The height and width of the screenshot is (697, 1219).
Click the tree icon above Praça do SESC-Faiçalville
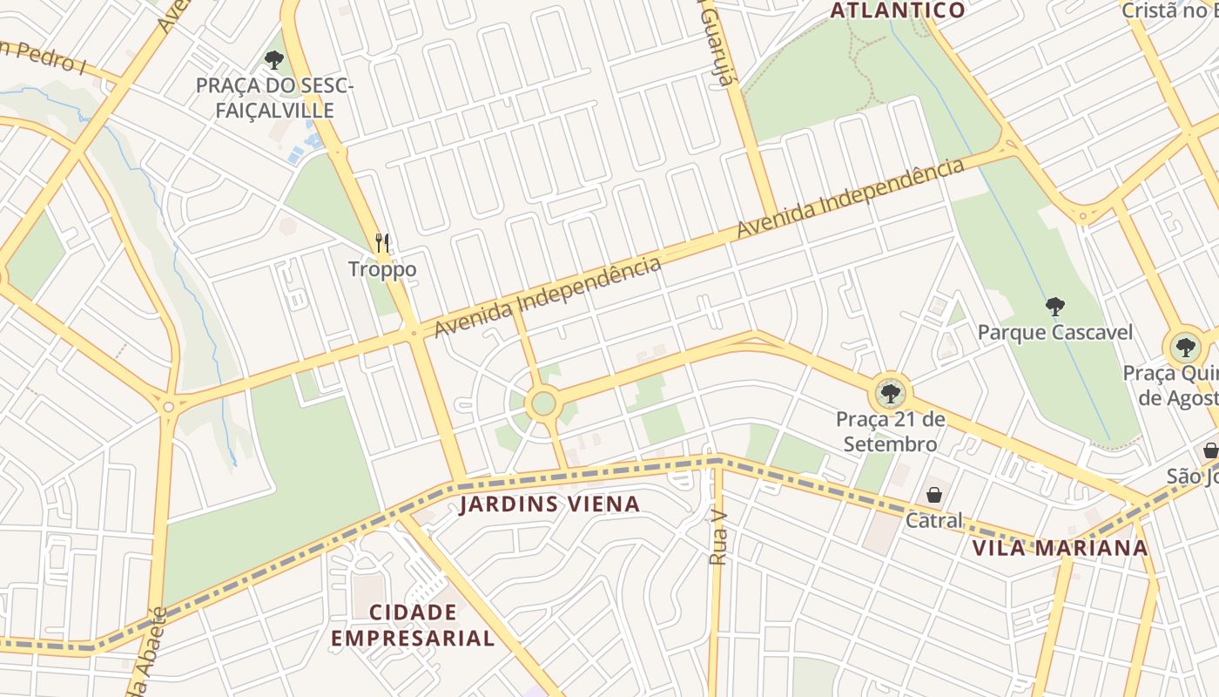click(x=274, y=60)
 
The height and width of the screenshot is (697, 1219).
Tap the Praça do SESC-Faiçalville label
click(x=274, y=98)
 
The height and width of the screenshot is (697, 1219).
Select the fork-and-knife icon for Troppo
click(x=382, y=243)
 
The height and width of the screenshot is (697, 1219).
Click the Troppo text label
click(x=382, y=269)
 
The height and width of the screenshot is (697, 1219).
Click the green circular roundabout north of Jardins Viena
click(x=542, y=403)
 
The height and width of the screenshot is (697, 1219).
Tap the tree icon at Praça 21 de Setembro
click(x=890, y=394)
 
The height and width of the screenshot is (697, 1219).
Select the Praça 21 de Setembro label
click(x=890, y=431)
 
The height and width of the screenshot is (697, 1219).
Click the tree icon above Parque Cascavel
click(x=1055, y=307)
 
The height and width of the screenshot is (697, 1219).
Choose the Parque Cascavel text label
click(x=1055, y=332)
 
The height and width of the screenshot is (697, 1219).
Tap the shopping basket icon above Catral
click(x=934, y=495)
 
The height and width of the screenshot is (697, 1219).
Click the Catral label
click(x=934, y=520)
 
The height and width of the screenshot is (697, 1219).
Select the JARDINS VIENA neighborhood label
click(x=549, y=504)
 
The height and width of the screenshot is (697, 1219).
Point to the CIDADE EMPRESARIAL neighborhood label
click(x=413, y=625)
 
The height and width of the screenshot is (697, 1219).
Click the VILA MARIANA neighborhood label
click(x=1060, y=548)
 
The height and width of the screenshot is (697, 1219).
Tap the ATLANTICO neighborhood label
click(x=898, y=10)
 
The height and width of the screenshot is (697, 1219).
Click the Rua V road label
click(x=718, y=538)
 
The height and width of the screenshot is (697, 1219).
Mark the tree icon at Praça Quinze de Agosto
click(x=1184, y=348)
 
